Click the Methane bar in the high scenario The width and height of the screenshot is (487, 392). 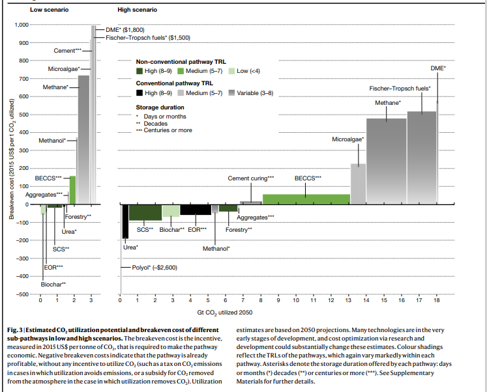pos(386,161)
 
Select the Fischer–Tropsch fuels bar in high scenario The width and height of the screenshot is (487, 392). pos(421,158)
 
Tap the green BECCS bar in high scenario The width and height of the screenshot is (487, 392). pos(306,199)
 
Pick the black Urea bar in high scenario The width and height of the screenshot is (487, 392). pos(125,221)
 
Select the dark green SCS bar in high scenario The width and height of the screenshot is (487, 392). pos(145,212)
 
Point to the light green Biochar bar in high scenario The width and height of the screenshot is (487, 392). pos(170,210)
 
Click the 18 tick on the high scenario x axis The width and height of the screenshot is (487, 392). pos(435,301)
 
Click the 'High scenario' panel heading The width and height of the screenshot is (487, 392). pos(137,10)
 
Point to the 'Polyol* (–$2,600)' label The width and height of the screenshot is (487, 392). pos(155,267)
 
